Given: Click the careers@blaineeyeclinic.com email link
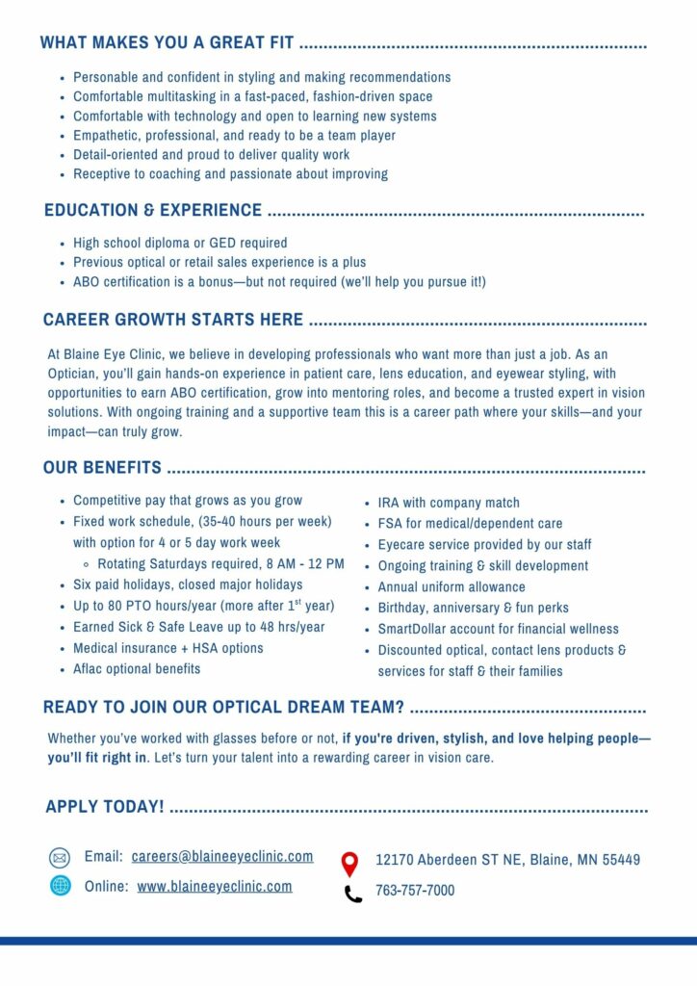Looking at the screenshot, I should click(222, 856).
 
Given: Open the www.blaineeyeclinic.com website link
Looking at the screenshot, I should click(215, 886).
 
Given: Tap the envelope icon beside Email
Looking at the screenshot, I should click(60, 858).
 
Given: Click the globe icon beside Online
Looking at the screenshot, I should click(61, 886).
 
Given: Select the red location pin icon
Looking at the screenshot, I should click(349, 863).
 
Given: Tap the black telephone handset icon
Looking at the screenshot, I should click(353, 894).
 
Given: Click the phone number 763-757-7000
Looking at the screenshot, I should click(415, 891).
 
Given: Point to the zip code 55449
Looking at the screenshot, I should click(621, 860).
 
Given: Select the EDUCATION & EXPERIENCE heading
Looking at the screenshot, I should click(153, 210).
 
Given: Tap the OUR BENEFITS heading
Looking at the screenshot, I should click(102, 468).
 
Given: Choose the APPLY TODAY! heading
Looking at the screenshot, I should click(105, 806).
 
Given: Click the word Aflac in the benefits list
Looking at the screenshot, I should click(90, 668).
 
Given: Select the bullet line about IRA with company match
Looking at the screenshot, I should click(448, 503).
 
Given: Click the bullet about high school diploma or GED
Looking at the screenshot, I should click(180, 243).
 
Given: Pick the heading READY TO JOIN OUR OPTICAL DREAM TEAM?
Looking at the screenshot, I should click(223, 708).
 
